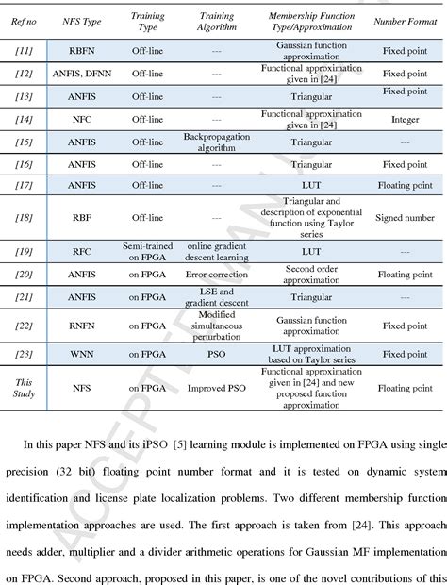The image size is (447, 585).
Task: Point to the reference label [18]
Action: click(x=25, y=217)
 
